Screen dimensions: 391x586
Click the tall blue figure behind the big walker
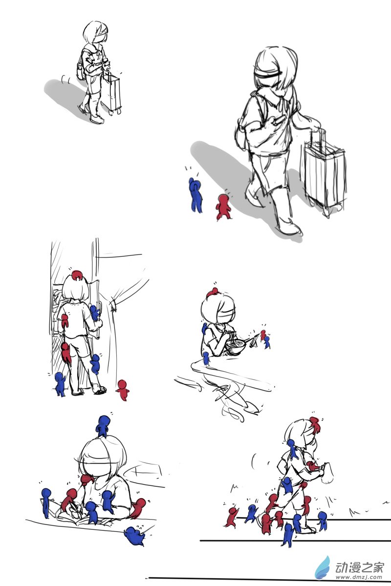pyautogui.click(x=195, y=195)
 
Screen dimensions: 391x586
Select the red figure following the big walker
pyautogui.click(x=223, y=207)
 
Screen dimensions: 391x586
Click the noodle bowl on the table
pyautogui.click(x=236, y=346)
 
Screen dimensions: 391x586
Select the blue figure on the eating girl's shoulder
pyautogui.click(x=204, y=329)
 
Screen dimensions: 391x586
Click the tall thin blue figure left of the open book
pyautogui.click(x=46, y=503)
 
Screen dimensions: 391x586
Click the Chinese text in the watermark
pyautogui.click(x=360, y=566)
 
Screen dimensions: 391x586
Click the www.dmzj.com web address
pyautogui.click(x=359, y=577)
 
